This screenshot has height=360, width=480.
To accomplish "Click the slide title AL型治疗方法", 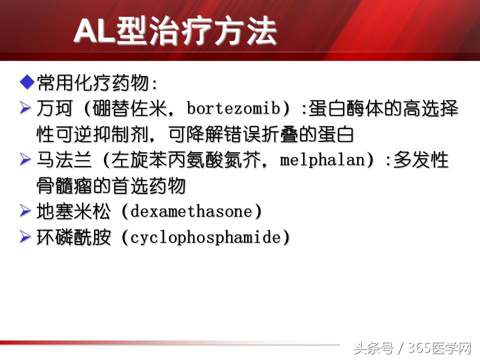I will pyautogui.click(x=175, y=32).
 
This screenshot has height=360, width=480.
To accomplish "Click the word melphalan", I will pyautogui.click(x=323, y=161).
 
